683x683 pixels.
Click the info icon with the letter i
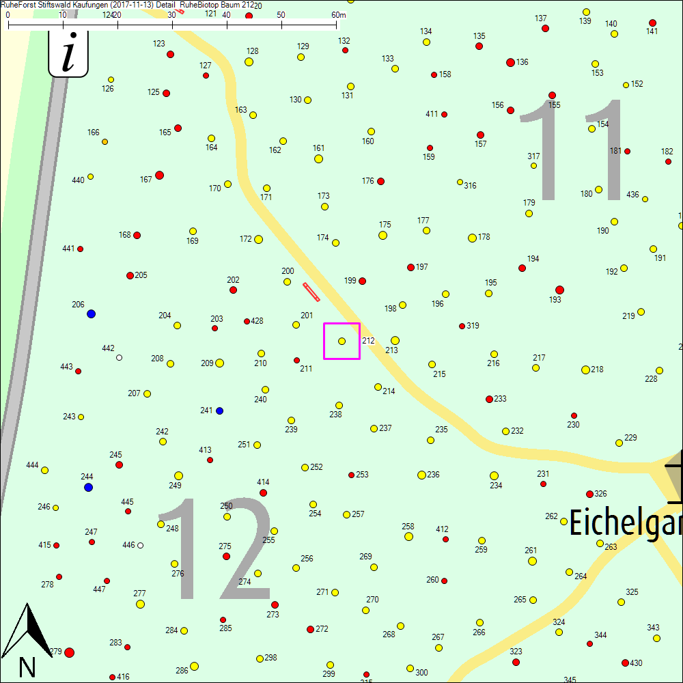[68, 55]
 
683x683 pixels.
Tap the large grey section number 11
[581, 150]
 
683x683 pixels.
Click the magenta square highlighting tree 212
[341, 341]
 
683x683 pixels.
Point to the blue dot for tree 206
[91, 314]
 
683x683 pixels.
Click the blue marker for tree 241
[219, 411]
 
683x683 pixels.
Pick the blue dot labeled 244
[88, 488]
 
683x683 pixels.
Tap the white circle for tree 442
[119, 357]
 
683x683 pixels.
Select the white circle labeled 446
[140, 545]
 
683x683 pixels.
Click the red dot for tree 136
[510, 62]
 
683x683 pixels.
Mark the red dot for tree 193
[559, 290]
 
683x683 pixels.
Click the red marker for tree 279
[69, 652]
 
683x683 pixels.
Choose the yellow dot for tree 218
[585, 370]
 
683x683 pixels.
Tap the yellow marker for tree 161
[318, 159]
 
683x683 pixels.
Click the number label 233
[501, 399]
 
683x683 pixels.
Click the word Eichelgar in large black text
[625, 525]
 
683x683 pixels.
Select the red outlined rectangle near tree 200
[311, 292]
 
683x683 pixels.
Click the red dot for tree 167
[159, 176]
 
